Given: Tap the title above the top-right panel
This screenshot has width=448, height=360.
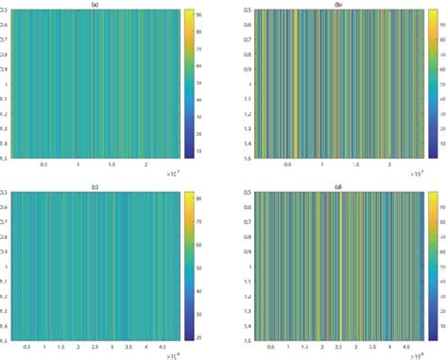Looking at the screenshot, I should click(336, 5).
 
